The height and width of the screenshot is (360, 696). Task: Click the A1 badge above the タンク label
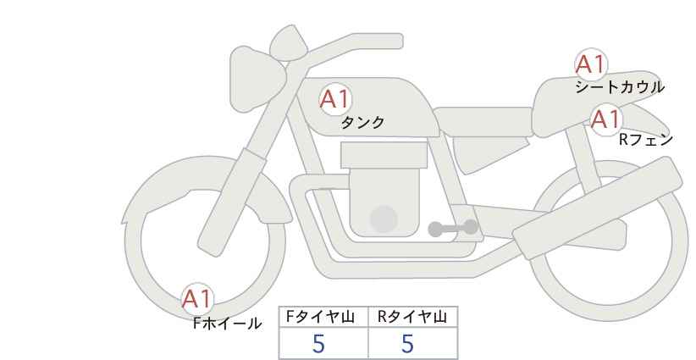tap(335, 99)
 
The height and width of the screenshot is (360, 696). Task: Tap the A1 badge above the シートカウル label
tap(590, 64)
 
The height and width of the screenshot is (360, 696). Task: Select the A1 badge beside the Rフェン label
tap(605, 119)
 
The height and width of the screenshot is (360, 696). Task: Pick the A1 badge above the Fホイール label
tap(197, 298)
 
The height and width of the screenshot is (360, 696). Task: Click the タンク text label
tap(362, 123)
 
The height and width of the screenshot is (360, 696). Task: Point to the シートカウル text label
tap(619, 86)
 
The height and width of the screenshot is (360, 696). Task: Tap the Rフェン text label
tap(645, 140)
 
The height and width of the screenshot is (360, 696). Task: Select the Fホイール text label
tap(227, 323)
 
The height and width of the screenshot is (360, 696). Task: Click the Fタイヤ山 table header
tap(323, 318)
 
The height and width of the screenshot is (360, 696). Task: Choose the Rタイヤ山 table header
tap(412, 318)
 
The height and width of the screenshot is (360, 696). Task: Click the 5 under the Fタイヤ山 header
tap(318, 344)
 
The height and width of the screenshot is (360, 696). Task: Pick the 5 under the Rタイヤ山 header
tap(407, 344)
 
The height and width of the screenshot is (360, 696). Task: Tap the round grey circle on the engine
tap(384, 219)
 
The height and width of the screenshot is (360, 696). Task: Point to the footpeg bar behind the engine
tap(452, 228)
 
